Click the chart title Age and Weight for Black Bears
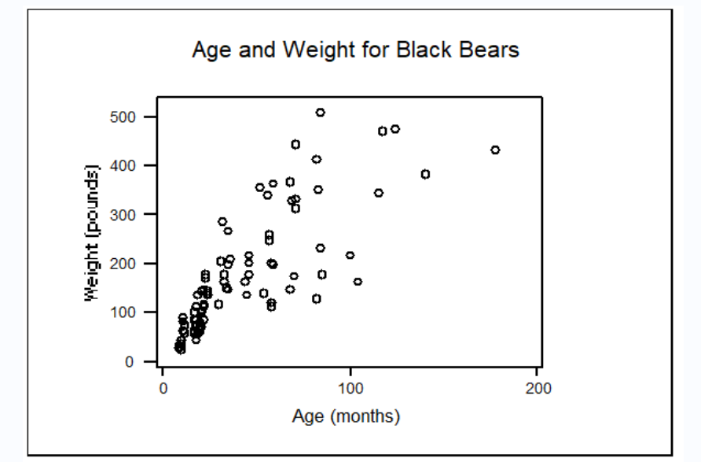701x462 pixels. [355, 50]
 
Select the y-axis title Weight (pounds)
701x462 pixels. [93, 233]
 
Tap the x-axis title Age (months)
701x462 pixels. [346, 416]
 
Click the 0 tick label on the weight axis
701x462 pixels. [132, 361]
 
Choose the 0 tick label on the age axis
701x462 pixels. [163, 389]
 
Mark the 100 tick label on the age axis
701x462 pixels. [350, 389]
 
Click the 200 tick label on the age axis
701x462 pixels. [538, 389]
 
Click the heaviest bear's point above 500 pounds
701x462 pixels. [321, 113]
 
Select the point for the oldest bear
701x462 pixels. [495, 150]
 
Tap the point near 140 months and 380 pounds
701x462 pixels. [425, 174]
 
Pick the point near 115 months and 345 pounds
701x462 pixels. [378, 193]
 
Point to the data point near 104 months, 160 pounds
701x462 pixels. [358, 282]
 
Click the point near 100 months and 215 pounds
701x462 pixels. [350, 255]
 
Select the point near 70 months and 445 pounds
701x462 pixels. [295, 144]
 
